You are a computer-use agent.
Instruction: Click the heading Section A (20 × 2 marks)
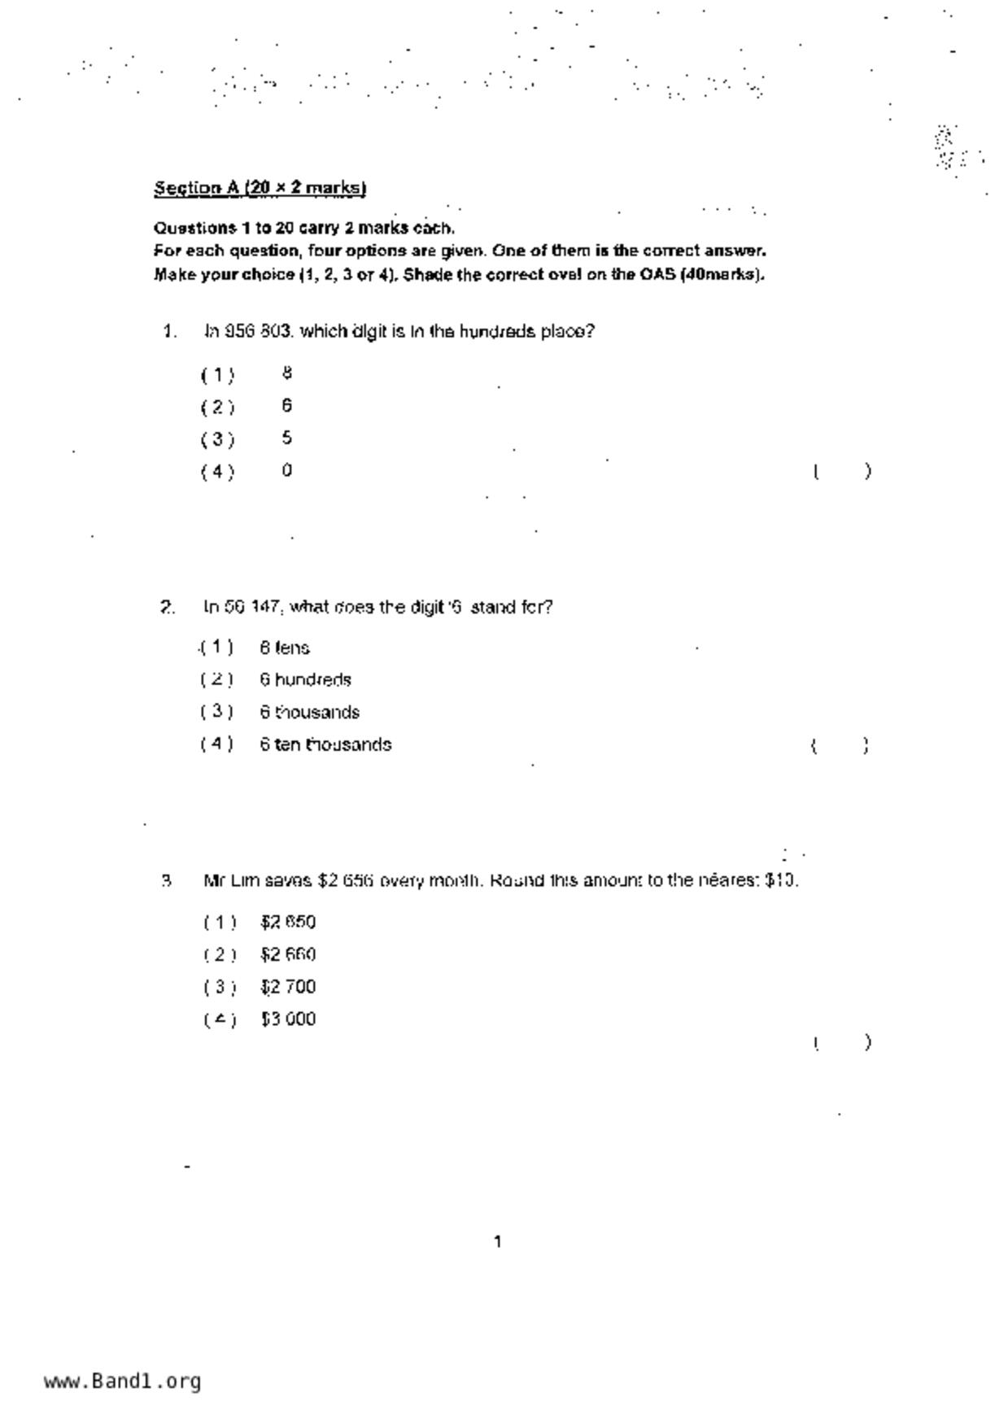260,188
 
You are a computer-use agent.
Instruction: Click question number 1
169,332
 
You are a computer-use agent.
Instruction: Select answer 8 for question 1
287,373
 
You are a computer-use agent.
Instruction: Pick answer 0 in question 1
287,470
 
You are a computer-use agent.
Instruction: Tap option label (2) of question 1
218,407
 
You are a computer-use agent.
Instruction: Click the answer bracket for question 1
842,471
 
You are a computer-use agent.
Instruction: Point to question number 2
167,608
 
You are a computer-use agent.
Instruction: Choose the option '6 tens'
285,648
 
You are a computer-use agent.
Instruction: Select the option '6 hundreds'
305,680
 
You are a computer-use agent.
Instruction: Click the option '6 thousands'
309,713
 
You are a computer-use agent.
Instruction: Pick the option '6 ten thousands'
325,745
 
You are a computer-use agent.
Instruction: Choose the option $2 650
288,923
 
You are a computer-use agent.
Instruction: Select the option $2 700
288,988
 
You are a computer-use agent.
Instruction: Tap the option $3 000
288,1019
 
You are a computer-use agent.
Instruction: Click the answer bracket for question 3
842,1042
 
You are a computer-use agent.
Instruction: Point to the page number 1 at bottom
498,1242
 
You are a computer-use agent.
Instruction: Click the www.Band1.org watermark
123,1381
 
